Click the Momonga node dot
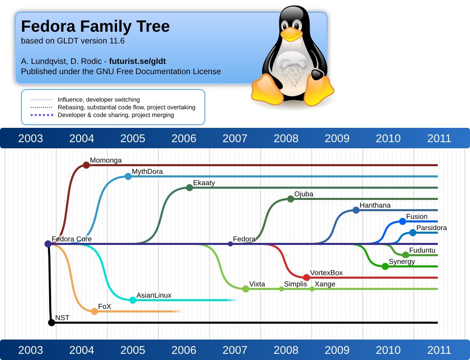pos(86,165)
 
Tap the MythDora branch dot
pos(128,176)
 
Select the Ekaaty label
pos(204,183)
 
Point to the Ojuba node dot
pos(291,199)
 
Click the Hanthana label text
pos(375,205)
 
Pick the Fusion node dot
pos(403,221)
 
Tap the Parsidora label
pos(431,228)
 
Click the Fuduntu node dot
pos(406,255)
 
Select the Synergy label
pos(402,262)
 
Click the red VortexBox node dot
pos(307,278)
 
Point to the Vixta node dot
pos(246,289)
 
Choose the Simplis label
pos(296,284)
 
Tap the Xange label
pos(325,284)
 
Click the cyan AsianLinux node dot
pos(133,300)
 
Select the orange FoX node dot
pos(95,311)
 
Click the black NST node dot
pos(52,323)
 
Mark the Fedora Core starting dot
pos(48,244)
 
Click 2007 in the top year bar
pos(235,138)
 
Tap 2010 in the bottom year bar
pos(388,350)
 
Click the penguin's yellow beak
pos(291,34)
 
